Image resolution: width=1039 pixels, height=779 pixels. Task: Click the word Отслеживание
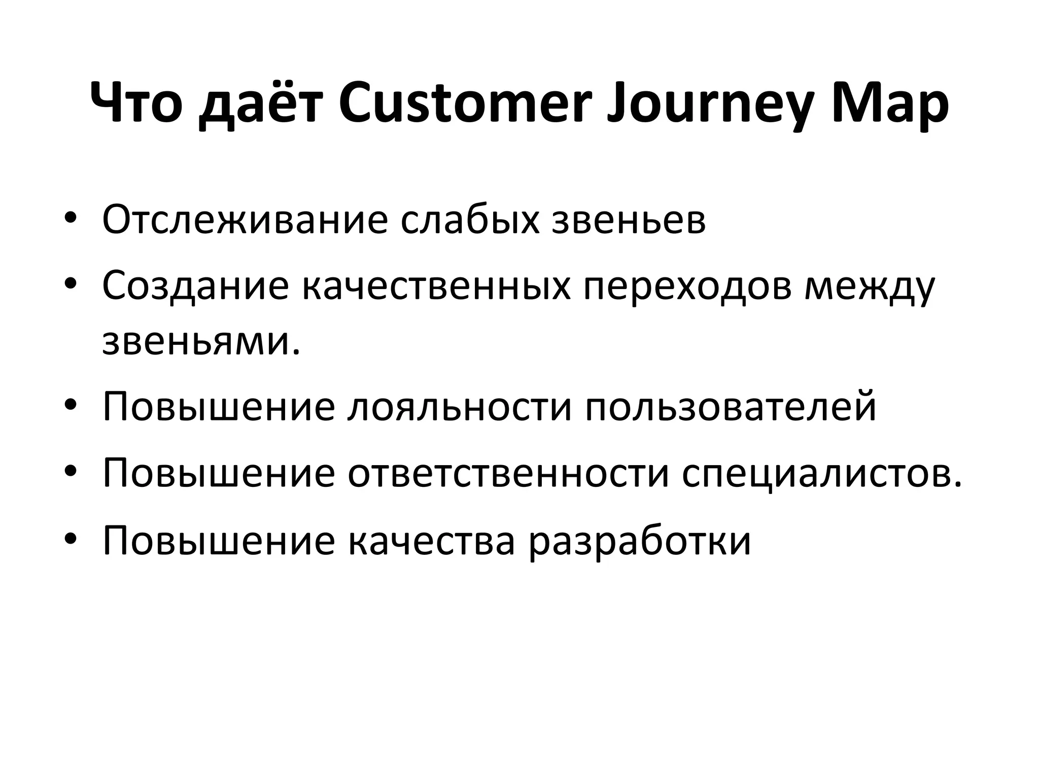245,220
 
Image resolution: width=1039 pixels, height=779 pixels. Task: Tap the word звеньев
629,220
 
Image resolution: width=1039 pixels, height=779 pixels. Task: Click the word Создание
195,286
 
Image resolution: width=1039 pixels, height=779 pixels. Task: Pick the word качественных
437,286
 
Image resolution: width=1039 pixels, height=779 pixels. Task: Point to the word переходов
687,286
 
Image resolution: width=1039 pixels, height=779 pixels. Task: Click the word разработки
639,540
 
